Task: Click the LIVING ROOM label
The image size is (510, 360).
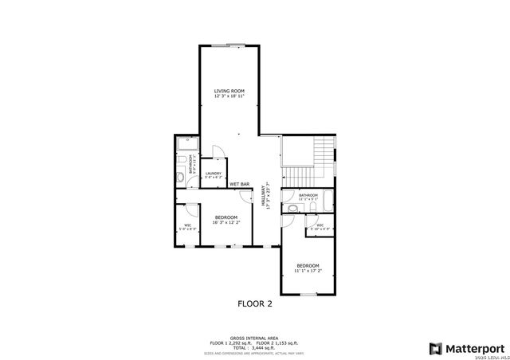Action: [x=229, y=92]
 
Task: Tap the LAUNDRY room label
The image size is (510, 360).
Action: [x=213, y=173]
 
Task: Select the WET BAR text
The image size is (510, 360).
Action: [x=240, y=184]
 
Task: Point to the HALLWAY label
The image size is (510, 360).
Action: [x=264, y=196]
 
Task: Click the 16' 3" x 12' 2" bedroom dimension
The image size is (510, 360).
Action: [x=226, y=223]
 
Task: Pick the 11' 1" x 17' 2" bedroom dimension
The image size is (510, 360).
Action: [x=308, y=271]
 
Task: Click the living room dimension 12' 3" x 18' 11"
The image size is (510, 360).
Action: [x=229, y=97]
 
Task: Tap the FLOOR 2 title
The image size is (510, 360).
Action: [x=255, y=303]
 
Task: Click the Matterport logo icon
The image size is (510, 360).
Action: [x=435, y=348]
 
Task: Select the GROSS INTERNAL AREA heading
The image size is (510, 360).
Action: [x=255, y=337]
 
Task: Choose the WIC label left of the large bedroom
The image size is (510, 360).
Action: [x=187, y=225]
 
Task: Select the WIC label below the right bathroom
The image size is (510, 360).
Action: [x=319, y=226]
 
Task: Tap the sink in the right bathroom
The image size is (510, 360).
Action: [x=293, y=208]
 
